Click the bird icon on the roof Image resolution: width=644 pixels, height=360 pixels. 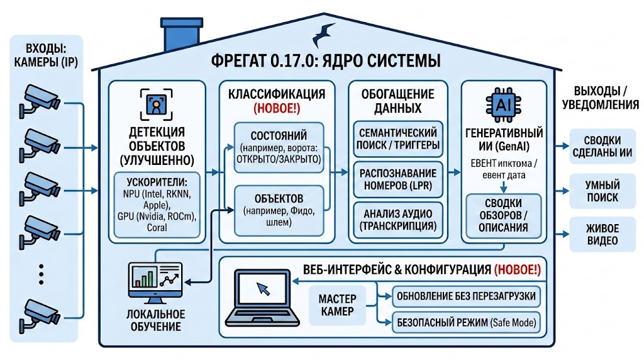point(327,31)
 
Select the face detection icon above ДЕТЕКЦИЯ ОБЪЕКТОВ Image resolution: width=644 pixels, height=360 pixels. point(154,104)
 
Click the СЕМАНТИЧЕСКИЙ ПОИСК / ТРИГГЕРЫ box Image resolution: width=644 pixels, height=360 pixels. point(397,138)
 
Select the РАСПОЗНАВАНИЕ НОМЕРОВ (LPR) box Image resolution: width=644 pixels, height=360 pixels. point(397,179)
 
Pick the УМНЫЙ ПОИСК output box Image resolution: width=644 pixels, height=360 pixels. point(602,191)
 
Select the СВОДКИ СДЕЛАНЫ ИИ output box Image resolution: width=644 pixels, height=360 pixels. point(602,147)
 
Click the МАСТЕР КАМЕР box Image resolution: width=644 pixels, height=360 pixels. point(337,305)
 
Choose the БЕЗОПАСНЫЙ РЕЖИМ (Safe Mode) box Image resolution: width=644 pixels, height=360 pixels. point(466,322)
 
